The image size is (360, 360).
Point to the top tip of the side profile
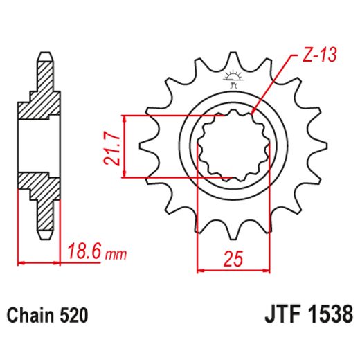click(x=44, y=54)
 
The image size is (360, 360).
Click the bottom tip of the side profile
click(x=44, y=233)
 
